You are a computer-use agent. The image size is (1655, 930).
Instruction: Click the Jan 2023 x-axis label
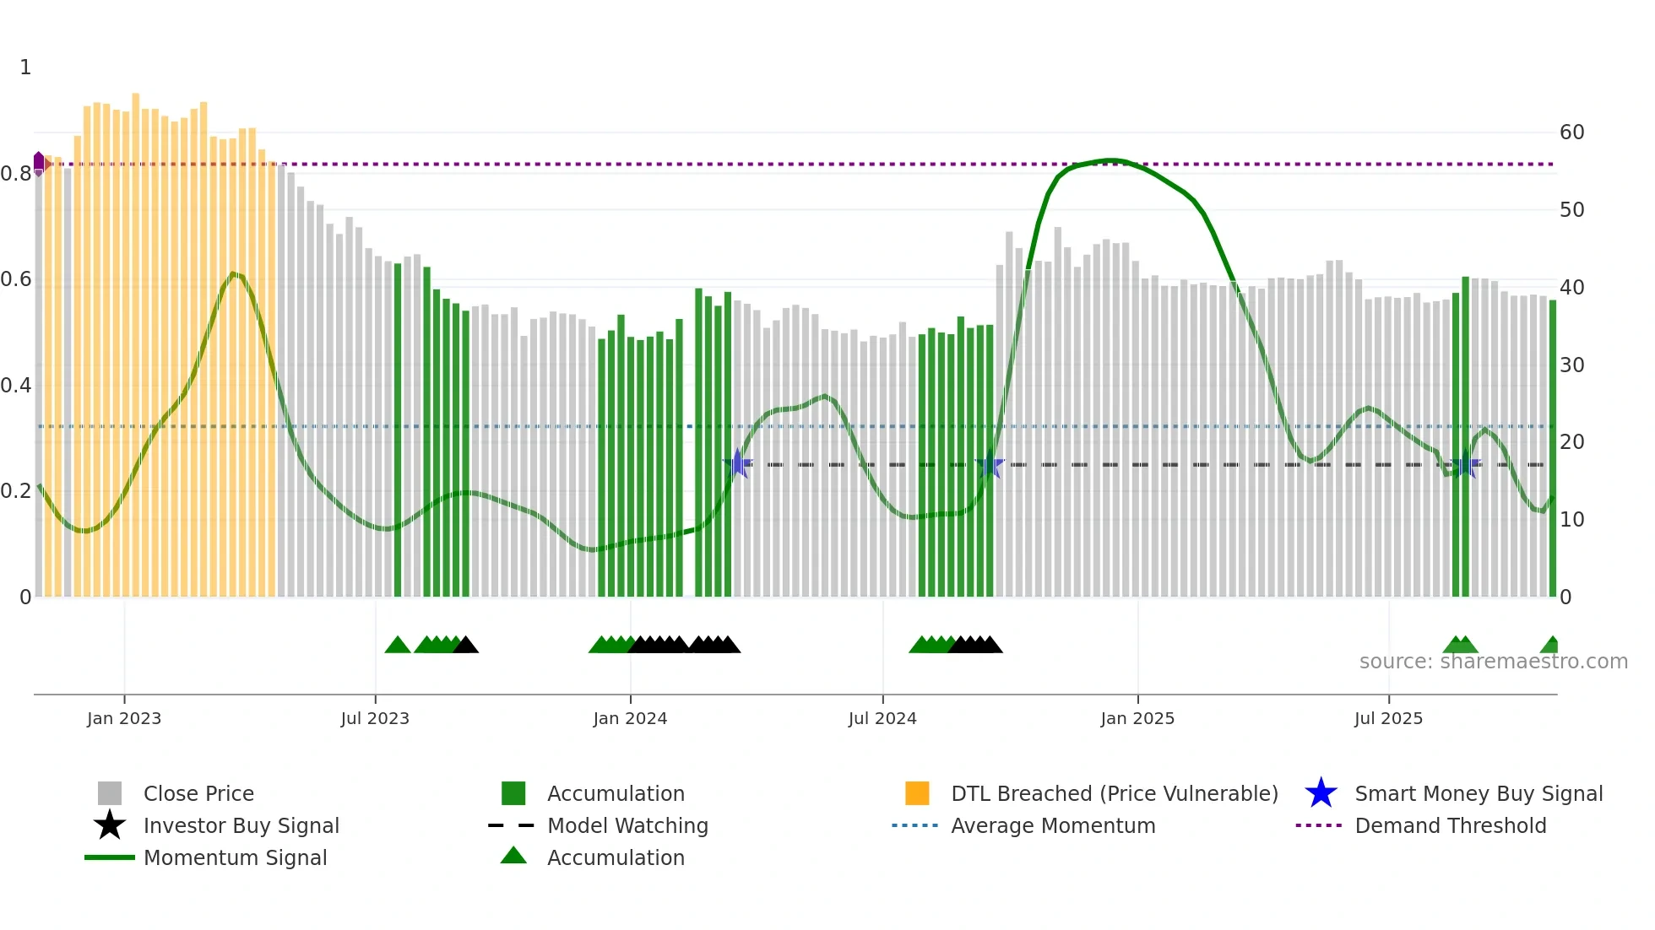pyautogui.click(x=124, y=718)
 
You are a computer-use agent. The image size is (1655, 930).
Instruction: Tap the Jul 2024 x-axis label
pyautogui.click(x=882, y=718)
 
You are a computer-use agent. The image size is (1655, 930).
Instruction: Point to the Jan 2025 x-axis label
pyautogui.click(x=1137, y=718)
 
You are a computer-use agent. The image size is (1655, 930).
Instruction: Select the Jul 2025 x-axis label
pyautogui.click(x=1388, y=718)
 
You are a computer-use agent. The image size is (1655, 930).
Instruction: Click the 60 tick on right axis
pyautogui.click(x=1571, y=132)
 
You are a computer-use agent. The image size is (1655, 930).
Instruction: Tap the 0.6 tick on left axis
pyautogui.click(x=15, y=279)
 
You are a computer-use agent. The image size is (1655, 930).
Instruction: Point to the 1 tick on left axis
pyautogui.click(x=25, y=68)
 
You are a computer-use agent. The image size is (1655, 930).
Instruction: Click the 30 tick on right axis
pyautogui.click(x=1571, y=365)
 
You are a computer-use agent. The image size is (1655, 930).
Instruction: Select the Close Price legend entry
pyautogui.click(x=198, y=793)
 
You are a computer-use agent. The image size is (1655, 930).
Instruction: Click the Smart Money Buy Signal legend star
pyautogui.click(x=1321, y=793)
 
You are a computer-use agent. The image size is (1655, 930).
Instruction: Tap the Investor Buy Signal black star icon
pyautogui.click(x=110, y=825)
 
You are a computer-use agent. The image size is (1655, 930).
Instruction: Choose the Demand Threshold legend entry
pyautogui.click(x=1450, y=825)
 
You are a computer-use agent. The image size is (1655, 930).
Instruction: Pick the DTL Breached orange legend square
pyautogui.click(x=917, y=793)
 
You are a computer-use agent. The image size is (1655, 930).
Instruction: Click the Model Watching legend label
pyautogui.click(x=627, y=825)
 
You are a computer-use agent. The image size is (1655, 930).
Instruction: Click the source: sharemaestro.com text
pyautogui.click(x=1493, y=662)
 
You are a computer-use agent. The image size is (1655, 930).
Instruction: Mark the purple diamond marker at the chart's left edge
pyautogui.click(x=39, y=162)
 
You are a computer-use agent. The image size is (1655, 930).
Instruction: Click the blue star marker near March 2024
pyautogui.click(x=738, y=463)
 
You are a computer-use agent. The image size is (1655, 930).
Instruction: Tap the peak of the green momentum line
pyautogui.click(x=1111, y=160)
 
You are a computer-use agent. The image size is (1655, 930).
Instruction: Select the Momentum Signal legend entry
pyautogui.click(x=235, y=857)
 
